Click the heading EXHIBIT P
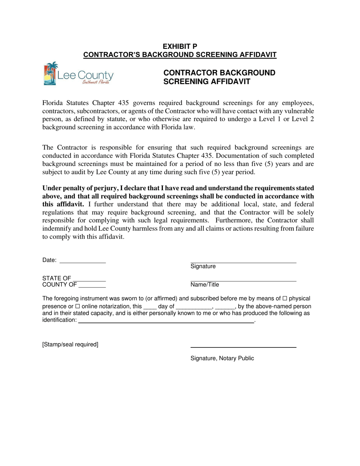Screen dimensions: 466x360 pos(180,46)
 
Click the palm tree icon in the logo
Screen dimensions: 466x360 pos(50,73)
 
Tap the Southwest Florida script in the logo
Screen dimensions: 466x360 pos(96,82)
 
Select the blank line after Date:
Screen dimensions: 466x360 pos(83,261)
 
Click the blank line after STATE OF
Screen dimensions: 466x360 pos(89,280)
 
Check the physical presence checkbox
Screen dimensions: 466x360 pos(285,299)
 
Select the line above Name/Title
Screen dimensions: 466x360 pos(243,281)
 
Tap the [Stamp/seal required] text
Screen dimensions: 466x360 pos(70,344)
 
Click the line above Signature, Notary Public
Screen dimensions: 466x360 pos(243,347)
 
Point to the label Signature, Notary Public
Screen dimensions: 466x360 pos(222,358)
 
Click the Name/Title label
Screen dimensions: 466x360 pos(205,285)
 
